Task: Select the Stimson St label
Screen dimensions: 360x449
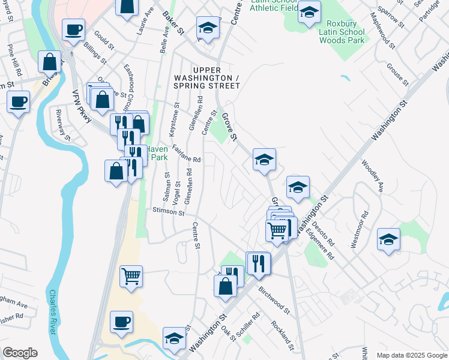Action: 168,211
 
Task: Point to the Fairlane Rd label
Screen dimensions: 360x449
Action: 185,155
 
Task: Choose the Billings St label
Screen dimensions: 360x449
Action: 95,53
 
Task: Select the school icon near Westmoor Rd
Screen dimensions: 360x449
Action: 388,239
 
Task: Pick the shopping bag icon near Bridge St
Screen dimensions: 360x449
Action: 49,61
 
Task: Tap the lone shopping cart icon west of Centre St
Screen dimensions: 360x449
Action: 131,276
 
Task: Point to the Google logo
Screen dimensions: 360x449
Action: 20,353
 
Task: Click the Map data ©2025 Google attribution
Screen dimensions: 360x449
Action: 411,355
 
